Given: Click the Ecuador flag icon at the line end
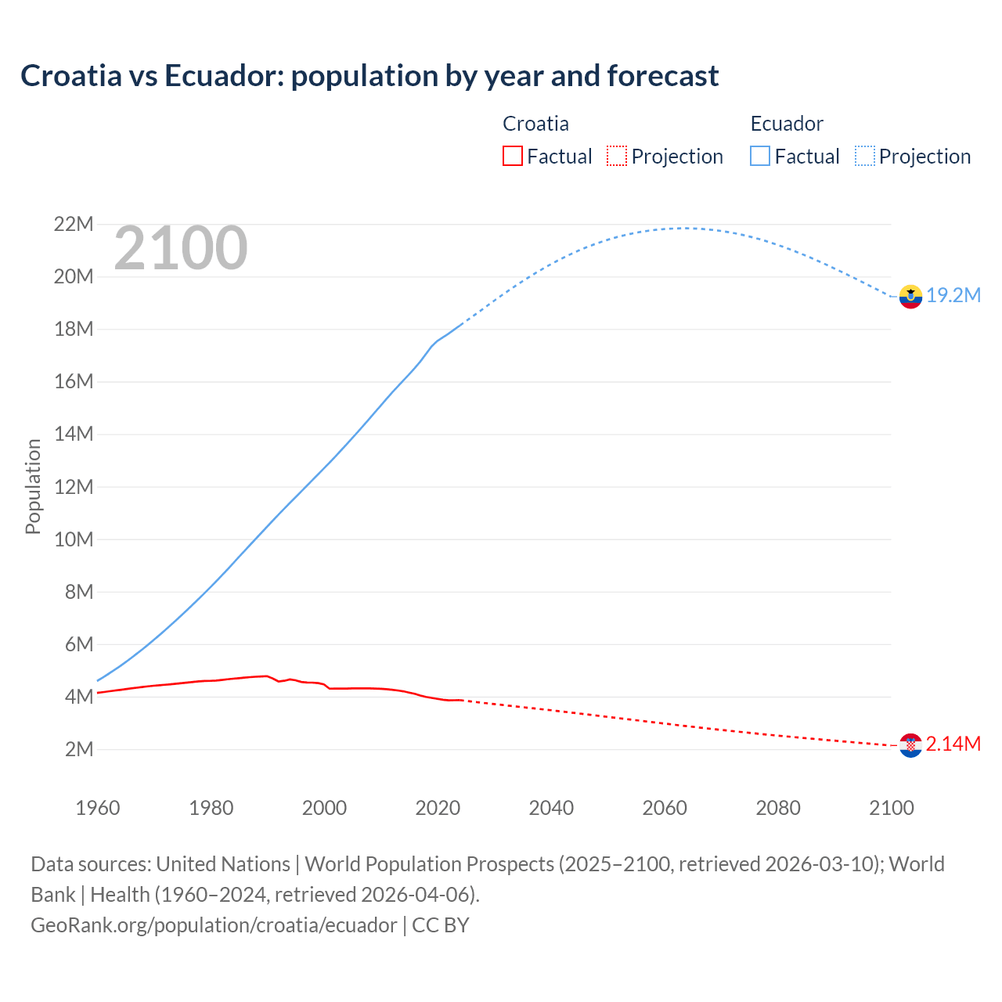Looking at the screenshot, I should tap(910, 297).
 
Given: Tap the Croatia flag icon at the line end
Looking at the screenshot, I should tap(910, 745).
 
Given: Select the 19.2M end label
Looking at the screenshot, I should tap(953, 295).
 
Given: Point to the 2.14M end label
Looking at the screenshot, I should tap(953, 744).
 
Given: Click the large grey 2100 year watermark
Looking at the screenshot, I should tap(181, 248).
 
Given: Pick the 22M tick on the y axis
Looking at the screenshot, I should tap(74, 225).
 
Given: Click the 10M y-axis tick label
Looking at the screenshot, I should tap(74, 539).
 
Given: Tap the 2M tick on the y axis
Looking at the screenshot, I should tap(79, 749).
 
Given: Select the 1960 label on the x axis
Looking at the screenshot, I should tap(98, 808).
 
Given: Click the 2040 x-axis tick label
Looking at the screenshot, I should tap(551, 808).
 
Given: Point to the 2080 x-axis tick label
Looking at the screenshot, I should tap(778, 808).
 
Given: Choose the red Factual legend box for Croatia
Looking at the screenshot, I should tap(513, 156).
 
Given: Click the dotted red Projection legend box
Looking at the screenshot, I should tap(617, 156).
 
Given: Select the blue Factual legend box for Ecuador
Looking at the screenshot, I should tap(760, 156).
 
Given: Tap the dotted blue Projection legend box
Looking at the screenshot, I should tap(864, 156).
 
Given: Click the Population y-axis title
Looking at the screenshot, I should tap(33, 486).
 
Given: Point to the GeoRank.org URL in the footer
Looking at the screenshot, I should tap(214, 925).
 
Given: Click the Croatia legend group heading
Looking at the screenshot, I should tap(535, 124).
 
